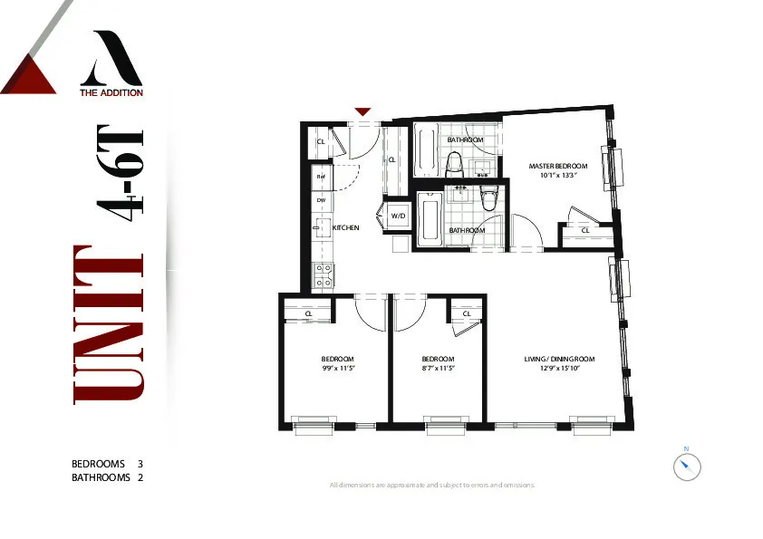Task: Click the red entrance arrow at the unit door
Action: [x=362, y=111]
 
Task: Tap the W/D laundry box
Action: [x=398, y=217]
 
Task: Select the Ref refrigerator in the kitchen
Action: [x=321, y=177]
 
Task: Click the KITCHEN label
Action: [x=346, y=228]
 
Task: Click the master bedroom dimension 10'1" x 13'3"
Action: [x=558, y=176]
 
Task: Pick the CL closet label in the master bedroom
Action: [x=584, y=230]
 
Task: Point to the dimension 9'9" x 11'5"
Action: [x=336, y=369]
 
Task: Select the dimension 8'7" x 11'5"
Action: [x=437, y=369]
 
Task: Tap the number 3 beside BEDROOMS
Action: [x=140, y=464]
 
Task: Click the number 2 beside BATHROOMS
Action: [x=140, y=476]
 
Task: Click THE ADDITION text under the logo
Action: [x=111, y=91]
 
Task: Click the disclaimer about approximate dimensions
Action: [x=432, y=486]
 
